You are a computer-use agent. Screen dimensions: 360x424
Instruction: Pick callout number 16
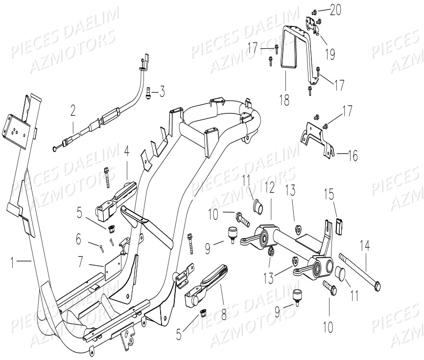click(x=352, y=157)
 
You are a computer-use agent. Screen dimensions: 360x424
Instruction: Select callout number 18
click(x=284, y=101)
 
